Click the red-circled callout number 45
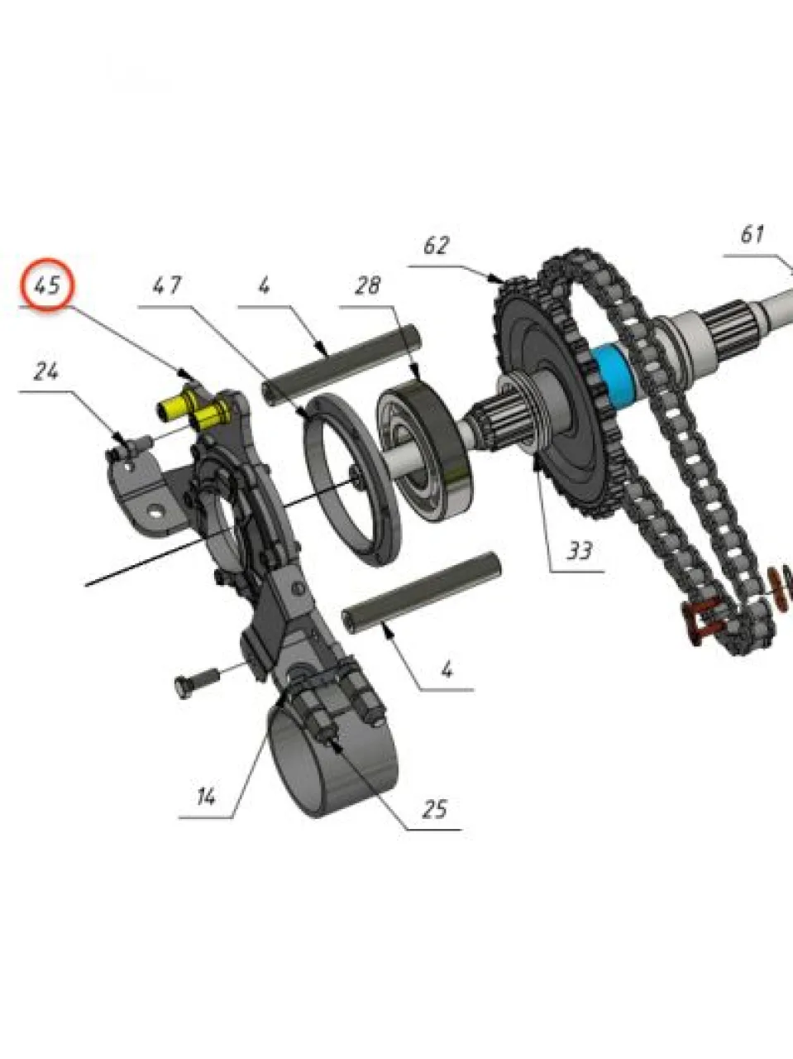(x=47, y=285)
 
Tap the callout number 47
(x=167, y=285)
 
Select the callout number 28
(x=367, y=285)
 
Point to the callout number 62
(x=437, y=245)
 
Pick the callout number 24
(x=46, y=371)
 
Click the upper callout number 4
(x=264, y=285)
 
